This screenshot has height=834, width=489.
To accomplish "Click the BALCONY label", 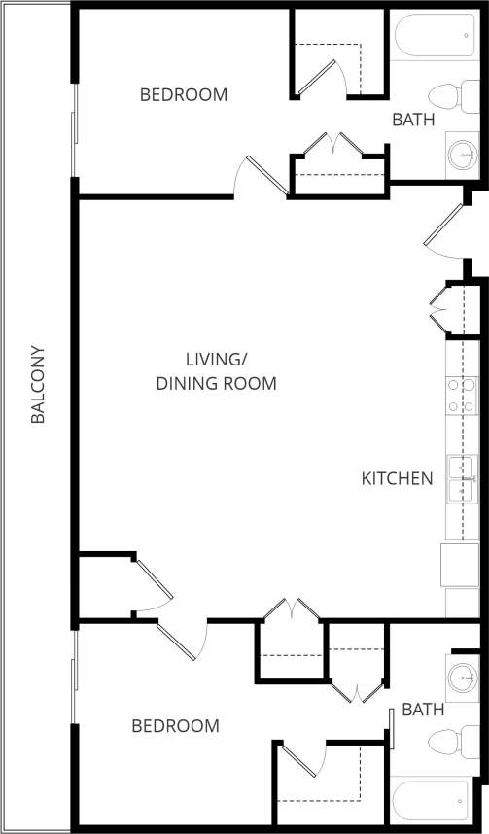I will [38, 385].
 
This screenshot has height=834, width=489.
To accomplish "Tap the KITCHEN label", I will [397, 478].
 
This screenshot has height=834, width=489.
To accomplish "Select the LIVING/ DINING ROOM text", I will [217, 370].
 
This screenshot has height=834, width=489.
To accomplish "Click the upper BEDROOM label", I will [184, 95].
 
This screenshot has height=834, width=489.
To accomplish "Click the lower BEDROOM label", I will [175, 726].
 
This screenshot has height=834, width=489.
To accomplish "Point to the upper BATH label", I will [413, 121].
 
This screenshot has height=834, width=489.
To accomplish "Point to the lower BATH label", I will [423, 711].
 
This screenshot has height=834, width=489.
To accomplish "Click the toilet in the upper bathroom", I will [447, 96].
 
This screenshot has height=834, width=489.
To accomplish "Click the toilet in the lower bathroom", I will [449, 744].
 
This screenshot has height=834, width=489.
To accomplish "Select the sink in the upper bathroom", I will [462, 153].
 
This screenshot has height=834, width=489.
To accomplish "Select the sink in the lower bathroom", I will [462, 675].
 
